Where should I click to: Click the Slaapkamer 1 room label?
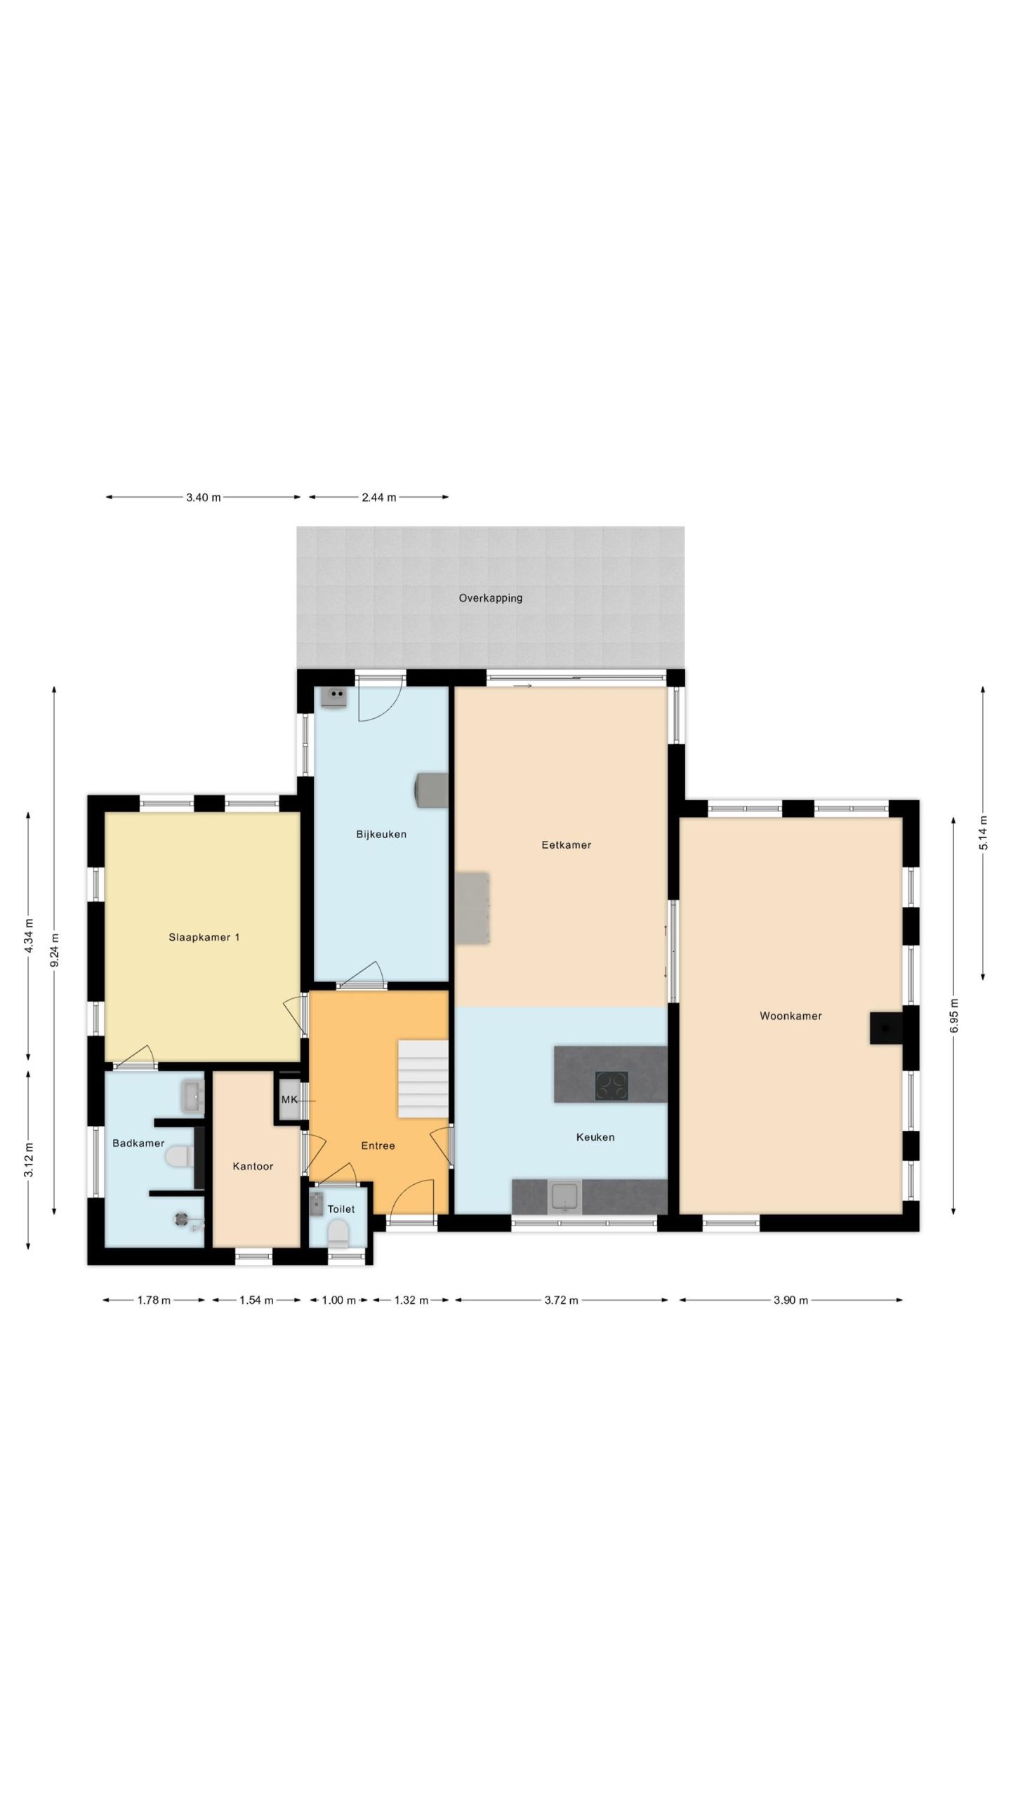[x=204, y=937]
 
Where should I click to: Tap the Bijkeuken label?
[x=381, y=835]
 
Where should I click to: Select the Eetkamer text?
[x=566, y=845]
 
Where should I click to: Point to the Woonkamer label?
[x=791, y=1016]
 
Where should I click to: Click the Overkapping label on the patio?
[x=490, y=599]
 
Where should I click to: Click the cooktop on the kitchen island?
[x=612, y=1085]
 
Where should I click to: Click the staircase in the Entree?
[x=423, y=1079]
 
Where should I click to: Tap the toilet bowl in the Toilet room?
[x=338, y=1233]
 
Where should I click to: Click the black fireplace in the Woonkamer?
[x=886, y=1028]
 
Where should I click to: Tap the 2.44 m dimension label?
[x=379, y=498]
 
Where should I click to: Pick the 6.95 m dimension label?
[x=953, y=1015]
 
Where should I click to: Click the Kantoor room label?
[x=253, y=1167]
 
